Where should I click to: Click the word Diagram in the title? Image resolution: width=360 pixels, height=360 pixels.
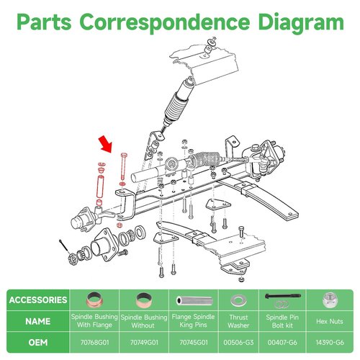tap(301, 22)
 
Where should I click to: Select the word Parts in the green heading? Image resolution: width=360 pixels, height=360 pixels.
tap(44, 22)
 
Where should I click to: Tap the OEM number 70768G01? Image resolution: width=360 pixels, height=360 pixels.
tap(94, 343)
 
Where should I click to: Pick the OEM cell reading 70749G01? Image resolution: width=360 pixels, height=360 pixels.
tap(144, 343)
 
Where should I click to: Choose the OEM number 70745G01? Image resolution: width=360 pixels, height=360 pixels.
tap(194, 343)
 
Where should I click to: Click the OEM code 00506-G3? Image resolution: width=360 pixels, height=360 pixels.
tap(238, 343)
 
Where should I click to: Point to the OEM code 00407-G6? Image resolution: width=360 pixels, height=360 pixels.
tap(282, 343)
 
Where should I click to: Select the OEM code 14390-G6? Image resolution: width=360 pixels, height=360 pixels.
tap(330, 343)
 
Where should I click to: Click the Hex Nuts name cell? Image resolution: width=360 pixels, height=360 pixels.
tap(330, 321)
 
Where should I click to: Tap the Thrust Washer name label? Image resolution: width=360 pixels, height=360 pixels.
tap(238, 321)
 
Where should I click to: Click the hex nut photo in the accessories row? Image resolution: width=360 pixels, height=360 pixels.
tap(330, 300)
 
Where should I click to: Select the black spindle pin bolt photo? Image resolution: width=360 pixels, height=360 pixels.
tap(283, 297)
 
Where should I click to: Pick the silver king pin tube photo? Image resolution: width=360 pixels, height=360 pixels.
tap(194, 300)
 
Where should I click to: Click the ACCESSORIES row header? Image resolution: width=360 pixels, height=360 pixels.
tap(38, 300)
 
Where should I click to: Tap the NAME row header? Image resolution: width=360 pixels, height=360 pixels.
tap(38, 321)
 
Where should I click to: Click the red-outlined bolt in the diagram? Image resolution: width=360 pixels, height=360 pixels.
tap(124, 166)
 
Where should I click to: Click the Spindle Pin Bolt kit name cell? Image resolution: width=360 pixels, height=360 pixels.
tap(282, 321)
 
